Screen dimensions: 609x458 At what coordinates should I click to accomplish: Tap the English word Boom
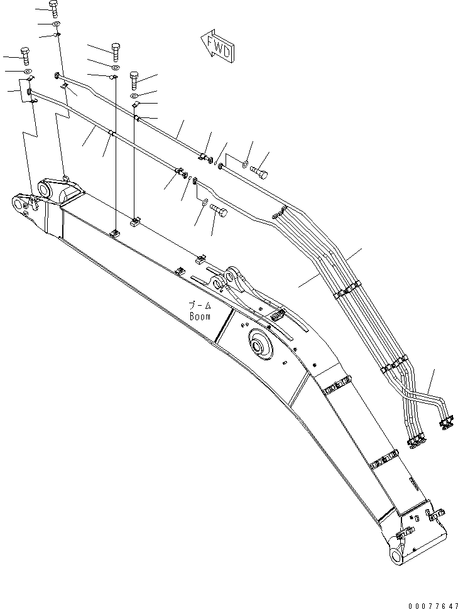click(x=200, y=317)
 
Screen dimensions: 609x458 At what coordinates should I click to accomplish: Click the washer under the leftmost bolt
click(x=28, y=71)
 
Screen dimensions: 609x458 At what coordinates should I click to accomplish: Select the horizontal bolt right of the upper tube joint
click(x=259, y=169)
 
